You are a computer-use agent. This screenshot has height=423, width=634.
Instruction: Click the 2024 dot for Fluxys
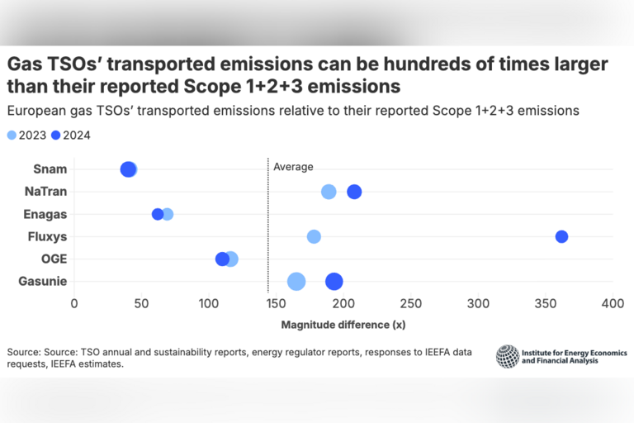[x=561, y=237]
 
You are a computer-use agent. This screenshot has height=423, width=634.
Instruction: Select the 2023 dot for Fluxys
[x=314, y=237]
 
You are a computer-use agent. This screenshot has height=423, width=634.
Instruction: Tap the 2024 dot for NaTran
[x=354, y=192]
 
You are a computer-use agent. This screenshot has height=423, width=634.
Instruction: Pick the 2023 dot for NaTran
[x=329, y=192]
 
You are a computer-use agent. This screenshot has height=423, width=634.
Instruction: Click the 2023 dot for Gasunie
[x=296, y=282]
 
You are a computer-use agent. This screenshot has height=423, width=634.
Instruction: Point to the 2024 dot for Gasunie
[x=334, y=282]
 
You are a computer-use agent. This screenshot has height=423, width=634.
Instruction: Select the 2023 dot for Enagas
[x=168, y=215]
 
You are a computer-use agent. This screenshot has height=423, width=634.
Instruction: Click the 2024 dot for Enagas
[x=158, y=215]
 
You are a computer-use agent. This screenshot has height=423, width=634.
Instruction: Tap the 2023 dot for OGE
[x=231, y=259]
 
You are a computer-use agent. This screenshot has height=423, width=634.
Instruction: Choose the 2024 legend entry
[x=71, y=135]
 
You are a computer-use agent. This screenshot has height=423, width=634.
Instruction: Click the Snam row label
[x=50, y=169]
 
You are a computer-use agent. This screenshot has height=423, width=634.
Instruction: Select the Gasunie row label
[x=43, y=282]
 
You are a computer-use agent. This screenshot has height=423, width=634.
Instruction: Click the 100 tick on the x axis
[x=209, y=304]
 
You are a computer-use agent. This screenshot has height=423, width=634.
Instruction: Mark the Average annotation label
[x=293, y=167]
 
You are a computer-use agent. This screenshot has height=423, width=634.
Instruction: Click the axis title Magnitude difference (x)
[x=343, y=325]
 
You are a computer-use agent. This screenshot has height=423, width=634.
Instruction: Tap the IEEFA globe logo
[x=507, y=356]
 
